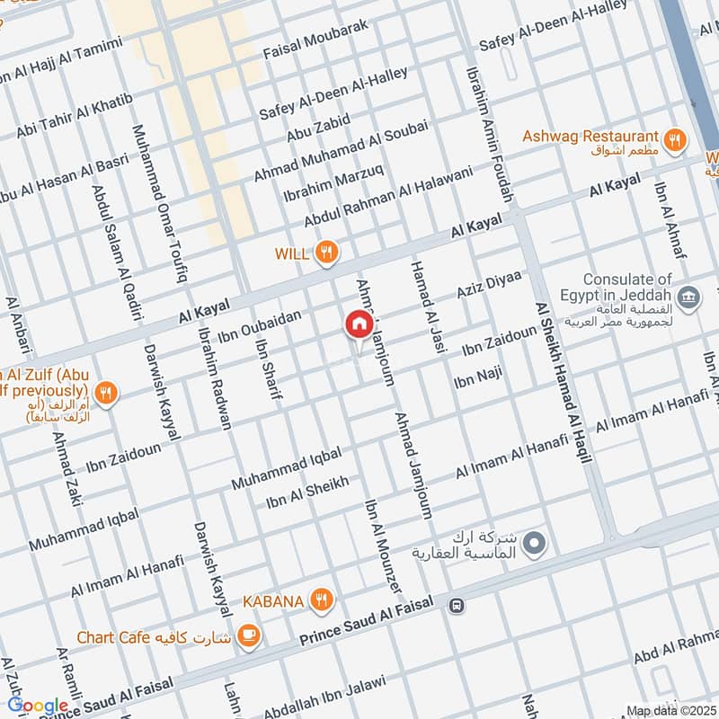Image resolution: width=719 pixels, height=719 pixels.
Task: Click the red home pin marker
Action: (x=359, y=324)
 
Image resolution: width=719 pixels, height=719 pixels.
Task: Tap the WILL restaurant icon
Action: (x=327, y=254)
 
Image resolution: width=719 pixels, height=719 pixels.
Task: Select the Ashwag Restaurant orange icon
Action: (x=674, y=139)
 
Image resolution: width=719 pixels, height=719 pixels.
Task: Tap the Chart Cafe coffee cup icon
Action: (x=247, y=637)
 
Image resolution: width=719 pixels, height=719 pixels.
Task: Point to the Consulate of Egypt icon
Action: (x=688, y=297)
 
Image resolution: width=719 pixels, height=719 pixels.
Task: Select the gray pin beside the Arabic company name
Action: (x=535, y=543)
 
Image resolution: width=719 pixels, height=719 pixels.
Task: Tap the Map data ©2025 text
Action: (x=670, y=710)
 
